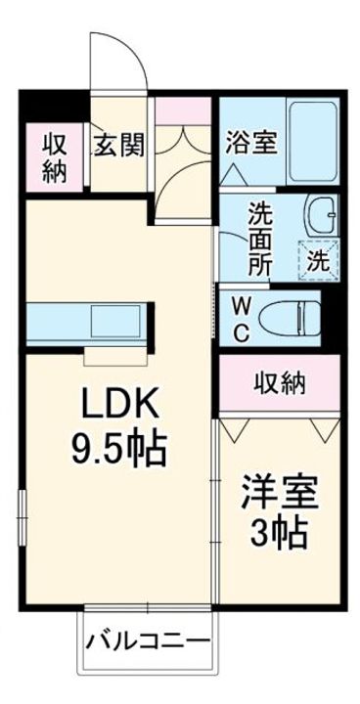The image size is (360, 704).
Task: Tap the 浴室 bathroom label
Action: pyautogui.click(x=251, y=143)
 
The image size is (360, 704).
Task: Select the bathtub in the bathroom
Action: pyautogui.click(x=313, y=142)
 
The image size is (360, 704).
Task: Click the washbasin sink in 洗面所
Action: pyautogui.click(x=322, y=214)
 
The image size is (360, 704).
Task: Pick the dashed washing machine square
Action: pyautogui.click(x=318, y=260)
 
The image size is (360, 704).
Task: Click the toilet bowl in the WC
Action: pyautogui.click(x=290, y=318)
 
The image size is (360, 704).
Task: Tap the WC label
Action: pyautogui.click(x=242, y=319)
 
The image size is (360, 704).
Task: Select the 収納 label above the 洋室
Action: pyautogui.click(x=280, y=383)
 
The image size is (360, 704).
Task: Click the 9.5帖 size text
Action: pyautogui.click(x=119, y=449)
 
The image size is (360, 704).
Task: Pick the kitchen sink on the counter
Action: pyautogui.click(x=116, y=322)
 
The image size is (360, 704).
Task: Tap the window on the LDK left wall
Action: pyautogui.click(x=22, y=517)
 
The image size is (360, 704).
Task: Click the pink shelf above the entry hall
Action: pyautogui.click(x=183, y=110)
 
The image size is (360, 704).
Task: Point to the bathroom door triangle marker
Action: pyautogui.click(x=234, y=174)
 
